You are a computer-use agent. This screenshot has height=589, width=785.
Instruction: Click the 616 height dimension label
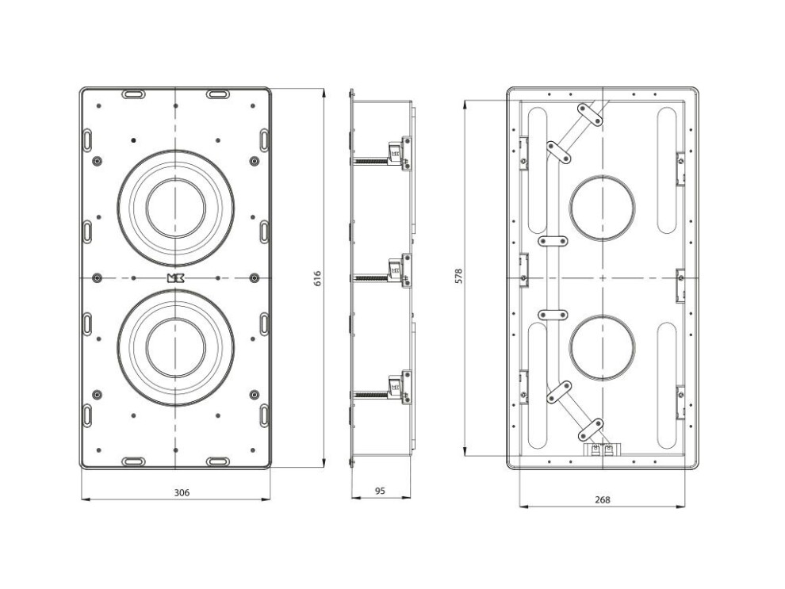tap(317, 278)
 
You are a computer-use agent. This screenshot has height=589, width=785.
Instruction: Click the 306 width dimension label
tap(182, 492)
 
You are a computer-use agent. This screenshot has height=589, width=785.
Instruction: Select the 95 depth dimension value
tap(380, 491)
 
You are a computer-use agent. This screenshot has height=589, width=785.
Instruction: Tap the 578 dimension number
tap(458, 276)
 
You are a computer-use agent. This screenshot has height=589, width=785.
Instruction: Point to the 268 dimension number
tap(603, 499)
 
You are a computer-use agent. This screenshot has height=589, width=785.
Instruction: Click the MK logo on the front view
tap(175, 278)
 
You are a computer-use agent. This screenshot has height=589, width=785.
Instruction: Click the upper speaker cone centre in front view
tap(176, 208)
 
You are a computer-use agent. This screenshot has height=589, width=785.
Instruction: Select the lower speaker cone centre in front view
tap(176, 347)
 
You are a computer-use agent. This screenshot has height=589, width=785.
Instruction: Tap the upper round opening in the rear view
tap(603, 208)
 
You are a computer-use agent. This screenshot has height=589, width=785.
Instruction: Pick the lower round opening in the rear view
tap(603, 348)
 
